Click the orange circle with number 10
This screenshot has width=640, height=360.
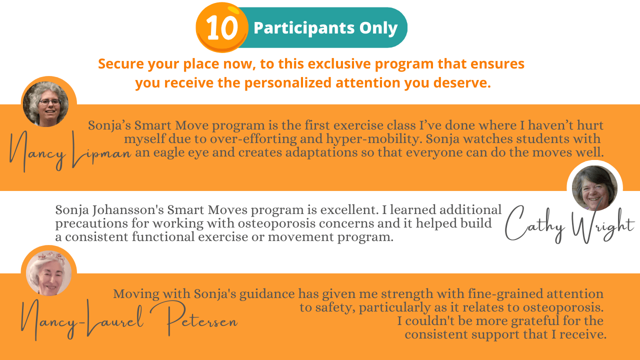coord(222,27)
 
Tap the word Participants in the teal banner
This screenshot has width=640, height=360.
coord(304,28)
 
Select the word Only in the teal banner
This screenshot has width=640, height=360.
coord(378,28)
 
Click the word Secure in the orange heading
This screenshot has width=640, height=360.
coord(121,63)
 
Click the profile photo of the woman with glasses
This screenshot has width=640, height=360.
coord(45,104)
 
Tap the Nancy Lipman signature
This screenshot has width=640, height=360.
coord(70,151)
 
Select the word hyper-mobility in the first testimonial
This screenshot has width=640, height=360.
coord(374,139)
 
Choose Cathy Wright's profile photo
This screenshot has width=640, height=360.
coord(594,188)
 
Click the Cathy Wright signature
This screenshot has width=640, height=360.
coord(569,224)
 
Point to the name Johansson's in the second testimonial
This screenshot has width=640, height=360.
coord(128,210)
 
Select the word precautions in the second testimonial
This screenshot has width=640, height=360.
coord(91,223)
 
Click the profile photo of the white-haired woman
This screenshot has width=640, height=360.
coord(49,273)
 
